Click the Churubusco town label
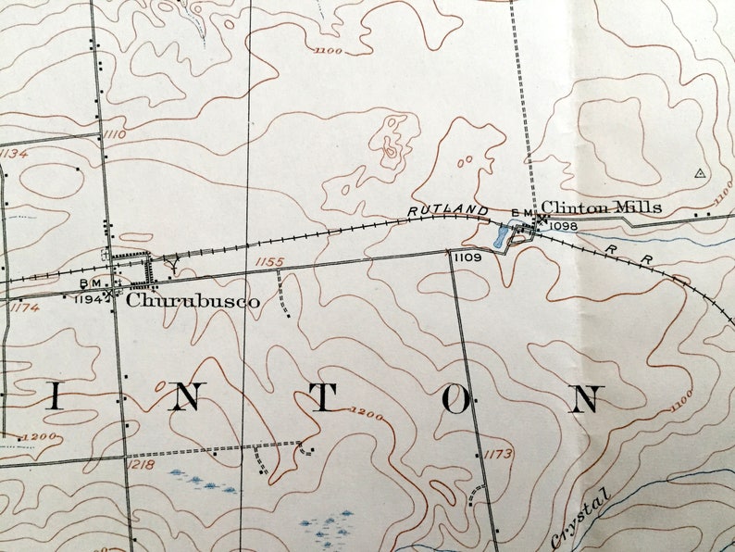(x=193, y=301)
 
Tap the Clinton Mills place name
(x=601, y=207)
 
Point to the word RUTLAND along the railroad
(x=448, y=212)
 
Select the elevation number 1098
(x=563, y=226)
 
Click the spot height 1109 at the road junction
(x=468, y=257)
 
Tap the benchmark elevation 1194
(x=89, y=299)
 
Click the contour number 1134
(x=13, y=154)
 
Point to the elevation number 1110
(x=115, y=135)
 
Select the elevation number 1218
(x=142, y=462)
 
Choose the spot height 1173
(x=497, y=454)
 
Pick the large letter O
(x=455, y=399)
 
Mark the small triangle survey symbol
(x=699, y=172)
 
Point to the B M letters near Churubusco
(x=91, y=282)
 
